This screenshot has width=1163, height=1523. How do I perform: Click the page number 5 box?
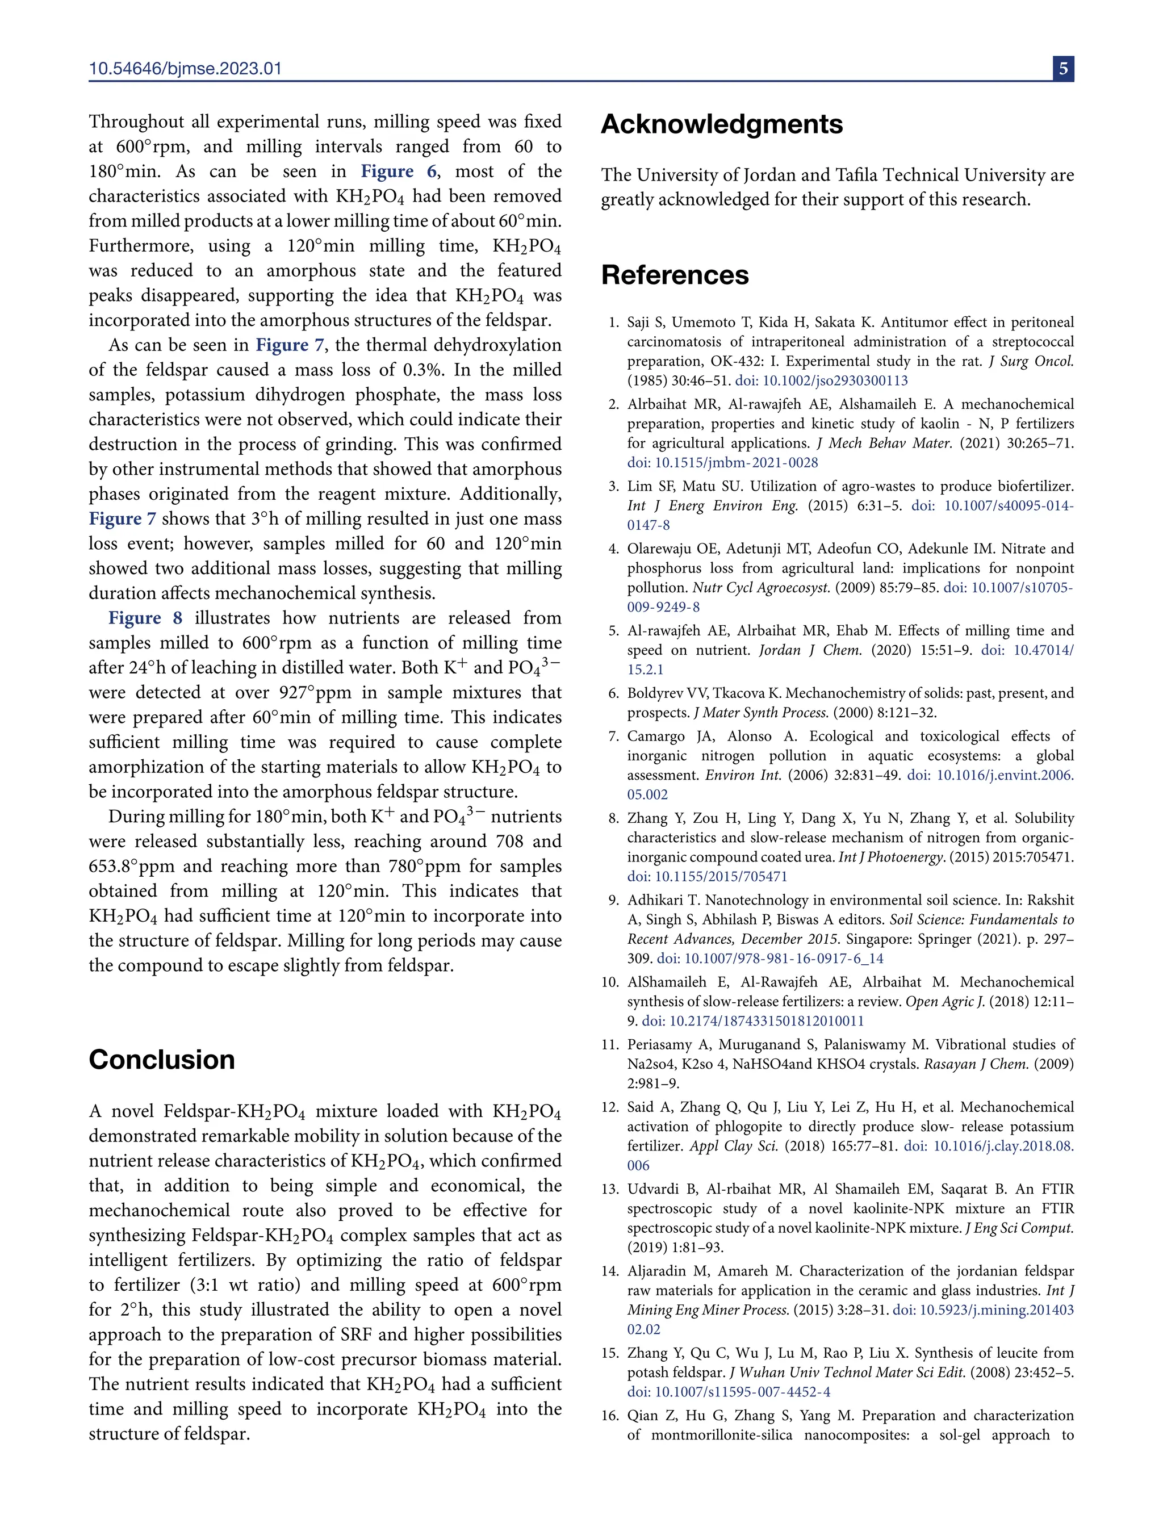[1063, 69]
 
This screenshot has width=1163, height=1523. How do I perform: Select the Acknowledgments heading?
[721, 124]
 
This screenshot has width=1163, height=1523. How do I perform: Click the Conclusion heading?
[161, 1060]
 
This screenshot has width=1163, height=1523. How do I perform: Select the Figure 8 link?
[145, 618]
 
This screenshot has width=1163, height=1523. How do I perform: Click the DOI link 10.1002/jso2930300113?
[821, 380]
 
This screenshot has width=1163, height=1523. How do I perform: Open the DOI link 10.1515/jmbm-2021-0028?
[723, 462]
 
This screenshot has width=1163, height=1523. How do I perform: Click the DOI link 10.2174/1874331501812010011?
[752, 1021]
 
